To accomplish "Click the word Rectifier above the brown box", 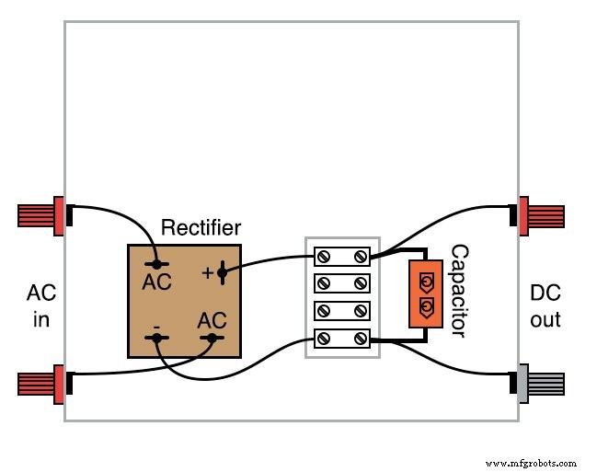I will point(201,227).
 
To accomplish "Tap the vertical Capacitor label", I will point(458,291).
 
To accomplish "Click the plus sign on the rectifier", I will point(206,272).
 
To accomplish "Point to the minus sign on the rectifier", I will point(156,326).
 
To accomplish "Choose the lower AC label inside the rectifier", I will point(212,320).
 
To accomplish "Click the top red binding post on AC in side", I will point(40,216).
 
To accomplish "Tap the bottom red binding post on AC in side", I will point(40,384).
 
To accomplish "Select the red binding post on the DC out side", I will point(541,216).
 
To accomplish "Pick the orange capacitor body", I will point(426,294).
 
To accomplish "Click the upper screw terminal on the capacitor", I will point(427,282).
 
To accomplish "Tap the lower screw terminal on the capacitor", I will point(427,305).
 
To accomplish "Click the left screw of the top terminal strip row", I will point(323,256).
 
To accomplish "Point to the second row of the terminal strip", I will point(342,283).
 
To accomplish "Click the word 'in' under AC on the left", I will point(40,320).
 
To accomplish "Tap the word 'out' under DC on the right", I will point(545,320).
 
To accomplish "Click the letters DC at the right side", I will point(545,294).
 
